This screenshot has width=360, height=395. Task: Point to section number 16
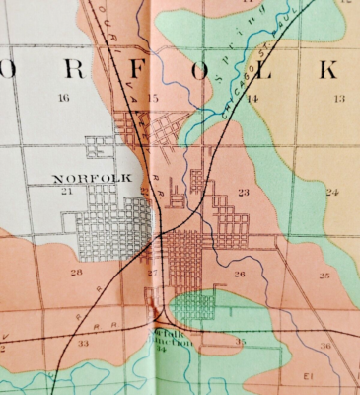tap(64, 98)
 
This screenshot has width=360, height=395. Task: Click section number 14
tap(252, 99)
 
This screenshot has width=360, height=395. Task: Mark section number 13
tap(338, 99)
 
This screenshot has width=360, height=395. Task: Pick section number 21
tap(67, 191)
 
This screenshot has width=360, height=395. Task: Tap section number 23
tap(243, 192)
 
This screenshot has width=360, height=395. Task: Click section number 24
tap(331, 192)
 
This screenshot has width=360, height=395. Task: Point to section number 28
tap(76, 272)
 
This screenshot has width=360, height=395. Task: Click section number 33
tap(83, 344)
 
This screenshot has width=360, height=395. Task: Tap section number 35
tap(241, 341)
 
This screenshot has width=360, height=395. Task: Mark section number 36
tap(324, 346)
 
